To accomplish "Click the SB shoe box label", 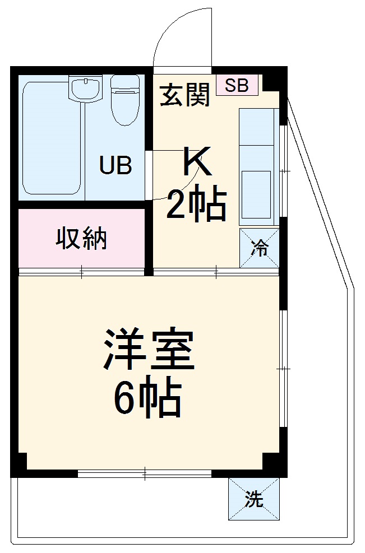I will (237, 85).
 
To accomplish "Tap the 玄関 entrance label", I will (184, 95).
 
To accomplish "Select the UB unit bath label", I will (115, 165).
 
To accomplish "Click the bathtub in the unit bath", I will (52, 138).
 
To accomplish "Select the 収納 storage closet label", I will (81, 239).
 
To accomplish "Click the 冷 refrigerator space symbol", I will (259, 247).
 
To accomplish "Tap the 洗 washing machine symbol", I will (253, 498).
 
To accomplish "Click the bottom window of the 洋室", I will (145, 473).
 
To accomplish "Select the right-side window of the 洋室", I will (283, 368).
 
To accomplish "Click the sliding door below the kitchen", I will (216, 272).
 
